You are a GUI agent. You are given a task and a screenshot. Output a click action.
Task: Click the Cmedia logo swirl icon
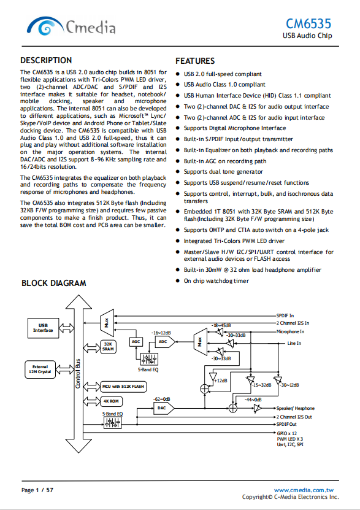45,26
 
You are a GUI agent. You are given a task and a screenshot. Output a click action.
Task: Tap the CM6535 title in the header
308,24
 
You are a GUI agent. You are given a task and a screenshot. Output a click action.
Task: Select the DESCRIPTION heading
46,61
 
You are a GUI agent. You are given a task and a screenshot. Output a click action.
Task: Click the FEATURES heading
195,61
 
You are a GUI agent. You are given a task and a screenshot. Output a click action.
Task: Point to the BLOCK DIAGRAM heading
53,283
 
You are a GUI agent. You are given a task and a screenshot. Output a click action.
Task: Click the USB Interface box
43,328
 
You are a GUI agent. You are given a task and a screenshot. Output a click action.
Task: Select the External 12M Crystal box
40,369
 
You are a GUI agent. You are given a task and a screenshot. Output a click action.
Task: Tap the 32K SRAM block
108,347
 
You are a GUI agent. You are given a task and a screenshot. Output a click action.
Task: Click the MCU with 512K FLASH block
123,387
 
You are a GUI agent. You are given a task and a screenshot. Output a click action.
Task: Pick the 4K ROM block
111,401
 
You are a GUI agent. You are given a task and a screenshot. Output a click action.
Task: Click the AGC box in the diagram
136,341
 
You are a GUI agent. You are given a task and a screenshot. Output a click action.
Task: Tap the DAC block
164,408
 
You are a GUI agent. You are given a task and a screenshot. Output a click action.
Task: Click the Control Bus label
78,373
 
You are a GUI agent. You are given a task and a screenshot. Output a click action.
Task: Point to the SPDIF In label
285,315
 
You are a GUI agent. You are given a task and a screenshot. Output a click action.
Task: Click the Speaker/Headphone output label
296,408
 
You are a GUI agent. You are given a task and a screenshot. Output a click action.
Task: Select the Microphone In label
290,331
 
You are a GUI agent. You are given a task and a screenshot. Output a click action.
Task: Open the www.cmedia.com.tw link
304,490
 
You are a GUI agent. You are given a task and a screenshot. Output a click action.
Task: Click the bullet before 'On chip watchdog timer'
177,280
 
